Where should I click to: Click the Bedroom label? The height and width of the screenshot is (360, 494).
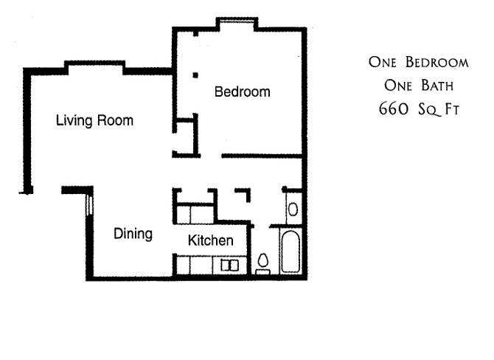[243, 91]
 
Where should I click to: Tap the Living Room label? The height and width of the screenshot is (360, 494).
[94, 121]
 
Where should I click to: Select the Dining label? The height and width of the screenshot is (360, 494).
[133, 234]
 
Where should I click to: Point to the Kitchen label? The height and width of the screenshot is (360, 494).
[210, 240]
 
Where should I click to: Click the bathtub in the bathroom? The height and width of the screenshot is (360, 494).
[291, 252]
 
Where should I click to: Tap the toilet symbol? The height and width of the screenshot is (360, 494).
[262, 265]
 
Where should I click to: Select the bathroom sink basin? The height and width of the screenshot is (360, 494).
[293, 210]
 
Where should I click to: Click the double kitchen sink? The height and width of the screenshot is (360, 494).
[229, 265]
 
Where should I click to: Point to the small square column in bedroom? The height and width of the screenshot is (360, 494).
[195, 75]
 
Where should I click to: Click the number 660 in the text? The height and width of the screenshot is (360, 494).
[393, 108]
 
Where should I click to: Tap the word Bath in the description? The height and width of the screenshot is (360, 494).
[437, 86]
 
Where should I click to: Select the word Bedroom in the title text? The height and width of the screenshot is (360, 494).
[437, 62]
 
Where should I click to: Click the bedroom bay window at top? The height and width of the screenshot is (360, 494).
[237, 21]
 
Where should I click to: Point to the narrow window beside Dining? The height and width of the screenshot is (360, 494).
[89, 205]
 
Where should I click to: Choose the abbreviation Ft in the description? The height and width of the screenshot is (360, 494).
[452, 109]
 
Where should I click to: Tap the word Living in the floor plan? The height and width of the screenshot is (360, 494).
[74, 121]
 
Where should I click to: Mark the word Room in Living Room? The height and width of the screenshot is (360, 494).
[115, 120]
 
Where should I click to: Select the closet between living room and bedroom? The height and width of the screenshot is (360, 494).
[185, 137]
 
